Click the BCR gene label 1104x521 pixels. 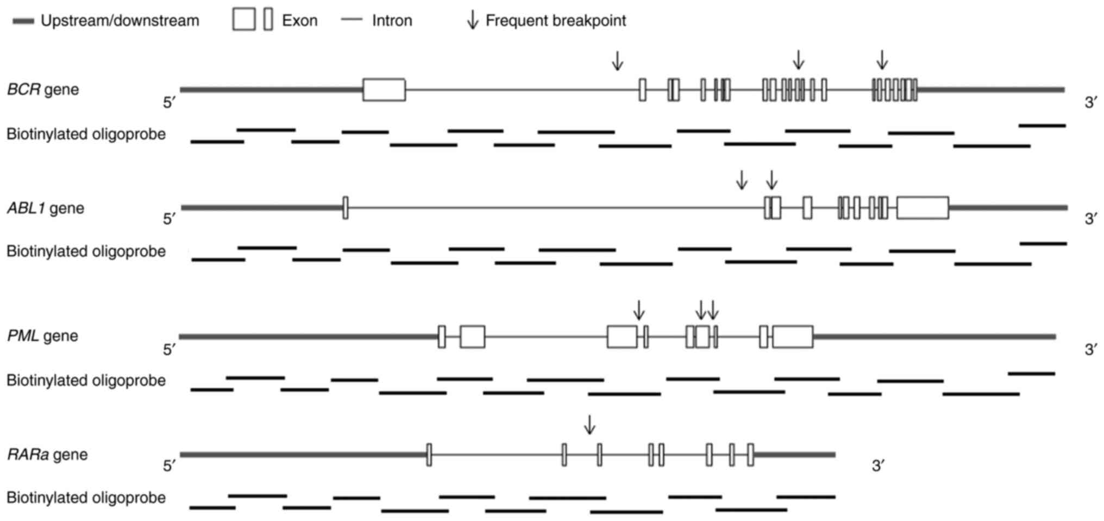(43, 89)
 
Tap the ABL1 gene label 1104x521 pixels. (46, 208)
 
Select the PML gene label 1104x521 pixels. (42, 336)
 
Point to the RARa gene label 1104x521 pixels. (47, 454)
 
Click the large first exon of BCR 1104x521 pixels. (384, 90)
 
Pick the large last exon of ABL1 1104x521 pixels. (923, 208)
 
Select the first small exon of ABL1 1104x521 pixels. (346, 208)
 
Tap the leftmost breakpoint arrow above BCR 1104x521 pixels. (617, 60)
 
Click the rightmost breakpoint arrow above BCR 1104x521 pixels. (882, 59)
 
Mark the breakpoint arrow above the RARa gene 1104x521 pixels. (589, 424)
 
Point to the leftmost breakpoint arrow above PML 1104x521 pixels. (639, 310)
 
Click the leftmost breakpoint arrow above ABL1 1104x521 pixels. (741, 179)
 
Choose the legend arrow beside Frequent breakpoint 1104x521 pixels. (473, 20)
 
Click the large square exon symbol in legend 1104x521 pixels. (243, 20)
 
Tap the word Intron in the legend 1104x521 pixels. (392, 21)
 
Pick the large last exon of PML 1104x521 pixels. (793, 337)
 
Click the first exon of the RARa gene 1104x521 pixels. (429, 455)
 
